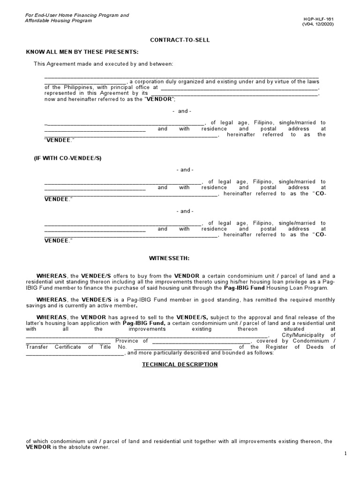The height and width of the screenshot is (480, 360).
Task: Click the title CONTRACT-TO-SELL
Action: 180,40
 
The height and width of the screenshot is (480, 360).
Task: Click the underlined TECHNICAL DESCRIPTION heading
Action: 180,364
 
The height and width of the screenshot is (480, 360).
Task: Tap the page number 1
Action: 345,453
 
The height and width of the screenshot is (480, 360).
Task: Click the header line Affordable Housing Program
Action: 59,21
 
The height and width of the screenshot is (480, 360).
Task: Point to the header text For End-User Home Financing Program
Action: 77,15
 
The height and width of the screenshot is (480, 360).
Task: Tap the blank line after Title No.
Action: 183,347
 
